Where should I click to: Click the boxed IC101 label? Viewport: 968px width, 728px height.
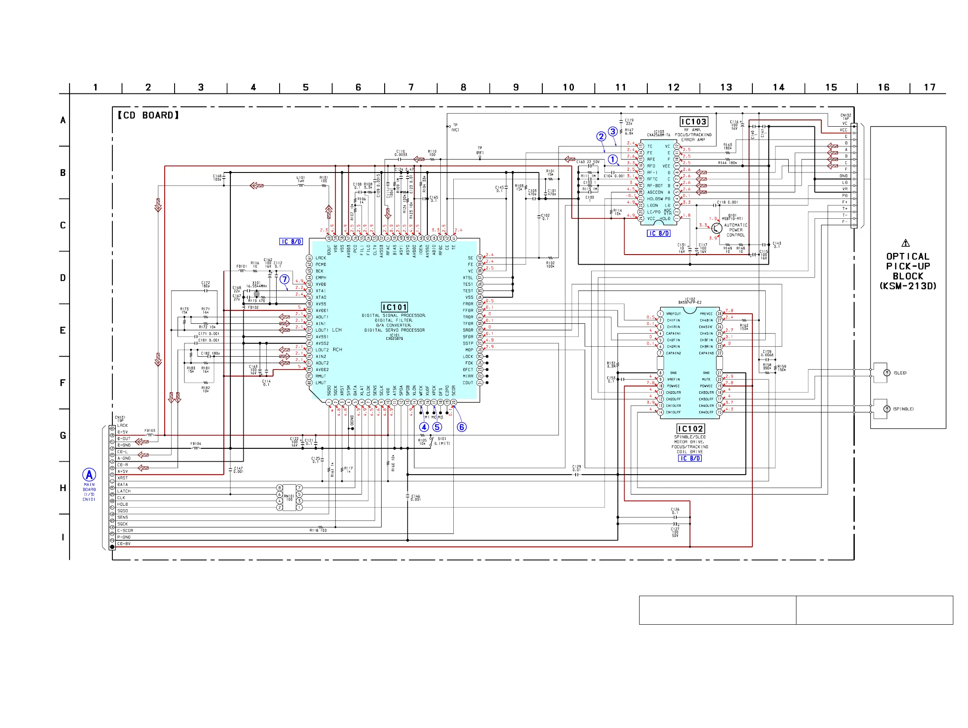394,307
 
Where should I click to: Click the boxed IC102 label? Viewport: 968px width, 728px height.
690,428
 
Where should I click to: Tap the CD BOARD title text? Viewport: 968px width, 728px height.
148,115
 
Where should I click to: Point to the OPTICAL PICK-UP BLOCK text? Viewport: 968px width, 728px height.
908,271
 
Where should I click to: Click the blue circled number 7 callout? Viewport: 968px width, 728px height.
285,279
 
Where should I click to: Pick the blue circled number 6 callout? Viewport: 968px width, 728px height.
462,427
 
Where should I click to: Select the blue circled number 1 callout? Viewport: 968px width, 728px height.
613,160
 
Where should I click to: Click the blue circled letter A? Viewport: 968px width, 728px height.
89,475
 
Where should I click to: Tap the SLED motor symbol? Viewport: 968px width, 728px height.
887,373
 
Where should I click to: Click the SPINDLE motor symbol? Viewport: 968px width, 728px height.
887,409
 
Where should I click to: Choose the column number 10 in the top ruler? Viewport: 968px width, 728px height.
568,88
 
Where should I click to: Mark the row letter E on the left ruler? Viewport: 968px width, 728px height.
63,331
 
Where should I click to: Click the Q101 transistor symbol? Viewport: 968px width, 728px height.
716,228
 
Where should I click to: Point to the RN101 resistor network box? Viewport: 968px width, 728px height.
289,497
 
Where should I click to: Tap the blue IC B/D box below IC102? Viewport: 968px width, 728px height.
690,458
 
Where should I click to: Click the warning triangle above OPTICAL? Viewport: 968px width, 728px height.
905,243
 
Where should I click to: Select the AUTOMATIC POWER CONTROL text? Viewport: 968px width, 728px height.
736,230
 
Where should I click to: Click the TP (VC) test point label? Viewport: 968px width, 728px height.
455,128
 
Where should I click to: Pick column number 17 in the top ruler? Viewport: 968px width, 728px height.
930,88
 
